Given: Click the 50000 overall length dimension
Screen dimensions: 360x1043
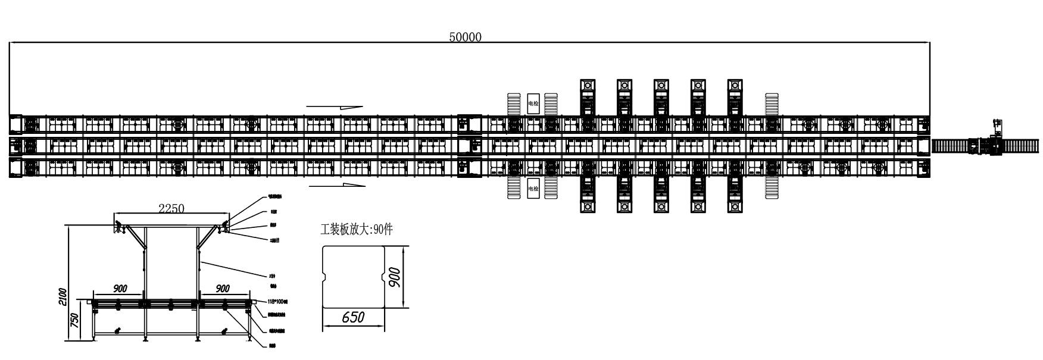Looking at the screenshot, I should click(465, 37).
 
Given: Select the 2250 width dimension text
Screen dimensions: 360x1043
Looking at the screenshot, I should click(171, 208).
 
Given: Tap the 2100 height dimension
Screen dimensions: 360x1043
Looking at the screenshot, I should click(63, 296).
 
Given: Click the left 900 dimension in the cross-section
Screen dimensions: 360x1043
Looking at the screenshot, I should click(120, 289).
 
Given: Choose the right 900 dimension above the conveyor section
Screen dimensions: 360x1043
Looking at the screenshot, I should click(222, 289).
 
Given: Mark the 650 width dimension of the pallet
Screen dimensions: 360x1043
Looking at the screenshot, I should click(353, 318).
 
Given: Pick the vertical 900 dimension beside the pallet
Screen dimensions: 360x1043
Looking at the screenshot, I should click(394, 277).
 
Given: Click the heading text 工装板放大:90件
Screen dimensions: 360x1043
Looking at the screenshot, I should click(357, 230).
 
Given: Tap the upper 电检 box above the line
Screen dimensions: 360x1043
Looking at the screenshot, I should click(533, 104).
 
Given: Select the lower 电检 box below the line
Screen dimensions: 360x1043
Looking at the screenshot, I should click(533, 188).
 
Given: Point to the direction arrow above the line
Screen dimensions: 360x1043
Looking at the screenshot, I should click(335, 107).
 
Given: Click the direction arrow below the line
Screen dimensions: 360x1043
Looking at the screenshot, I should click(337, 185).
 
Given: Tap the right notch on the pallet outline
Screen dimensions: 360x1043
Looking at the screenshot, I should click(382, 276).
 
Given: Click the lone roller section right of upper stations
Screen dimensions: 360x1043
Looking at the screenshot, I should click(772, 104).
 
